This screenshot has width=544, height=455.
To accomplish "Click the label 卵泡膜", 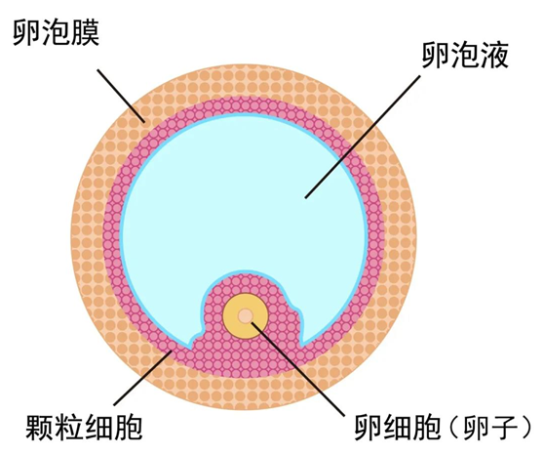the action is pyautogui.click(x=57, y=32).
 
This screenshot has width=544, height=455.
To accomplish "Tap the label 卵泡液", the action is pyautogui.click(x=465, y=55).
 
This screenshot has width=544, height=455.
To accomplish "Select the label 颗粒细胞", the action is pyautogui.click(x=84, y=427).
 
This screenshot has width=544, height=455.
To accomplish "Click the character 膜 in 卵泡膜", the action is pyautogui.click(x=86, y=32).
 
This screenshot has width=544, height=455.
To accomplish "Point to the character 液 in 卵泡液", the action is pyautogui.click(x=494, y=55).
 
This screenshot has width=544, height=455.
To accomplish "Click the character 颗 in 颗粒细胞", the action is pyautogui.click(x=40, y=427).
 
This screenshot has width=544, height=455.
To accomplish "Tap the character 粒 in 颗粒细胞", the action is pyautogui.click(x=69, y=427).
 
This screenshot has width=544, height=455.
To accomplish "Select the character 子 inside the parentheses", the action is pyautogui.click(x=503, y=427).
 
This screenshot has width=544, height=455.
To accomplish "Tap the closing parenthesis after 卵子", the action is pyautogui.click(x=525, y=428).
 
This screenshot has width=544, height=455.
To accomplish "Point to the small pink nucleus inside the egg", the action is pyautogui.click(x=246, y=315).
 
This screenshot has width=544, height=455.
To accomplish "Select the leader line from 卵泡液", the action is pyautogui.click(x=363, y=137).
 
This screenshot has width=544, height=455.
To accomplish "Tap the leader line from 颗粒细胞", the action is pyautogui.click(x=143, y=378).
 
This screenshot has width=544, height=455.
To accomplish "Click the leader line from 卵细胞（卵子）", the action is pyautogui.click(x=298, y=369).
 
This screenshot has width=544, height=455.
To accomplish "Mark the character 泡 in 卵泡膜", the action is pyautogui.click(x=57, y=32).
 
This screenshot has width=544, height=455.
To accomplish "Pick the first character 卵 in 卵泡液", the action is pyautogui.click(x=436, y=55).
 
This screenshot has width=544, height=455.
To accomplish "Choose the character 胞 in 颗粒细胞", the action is pyautogui.click(x=128, y=427).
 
